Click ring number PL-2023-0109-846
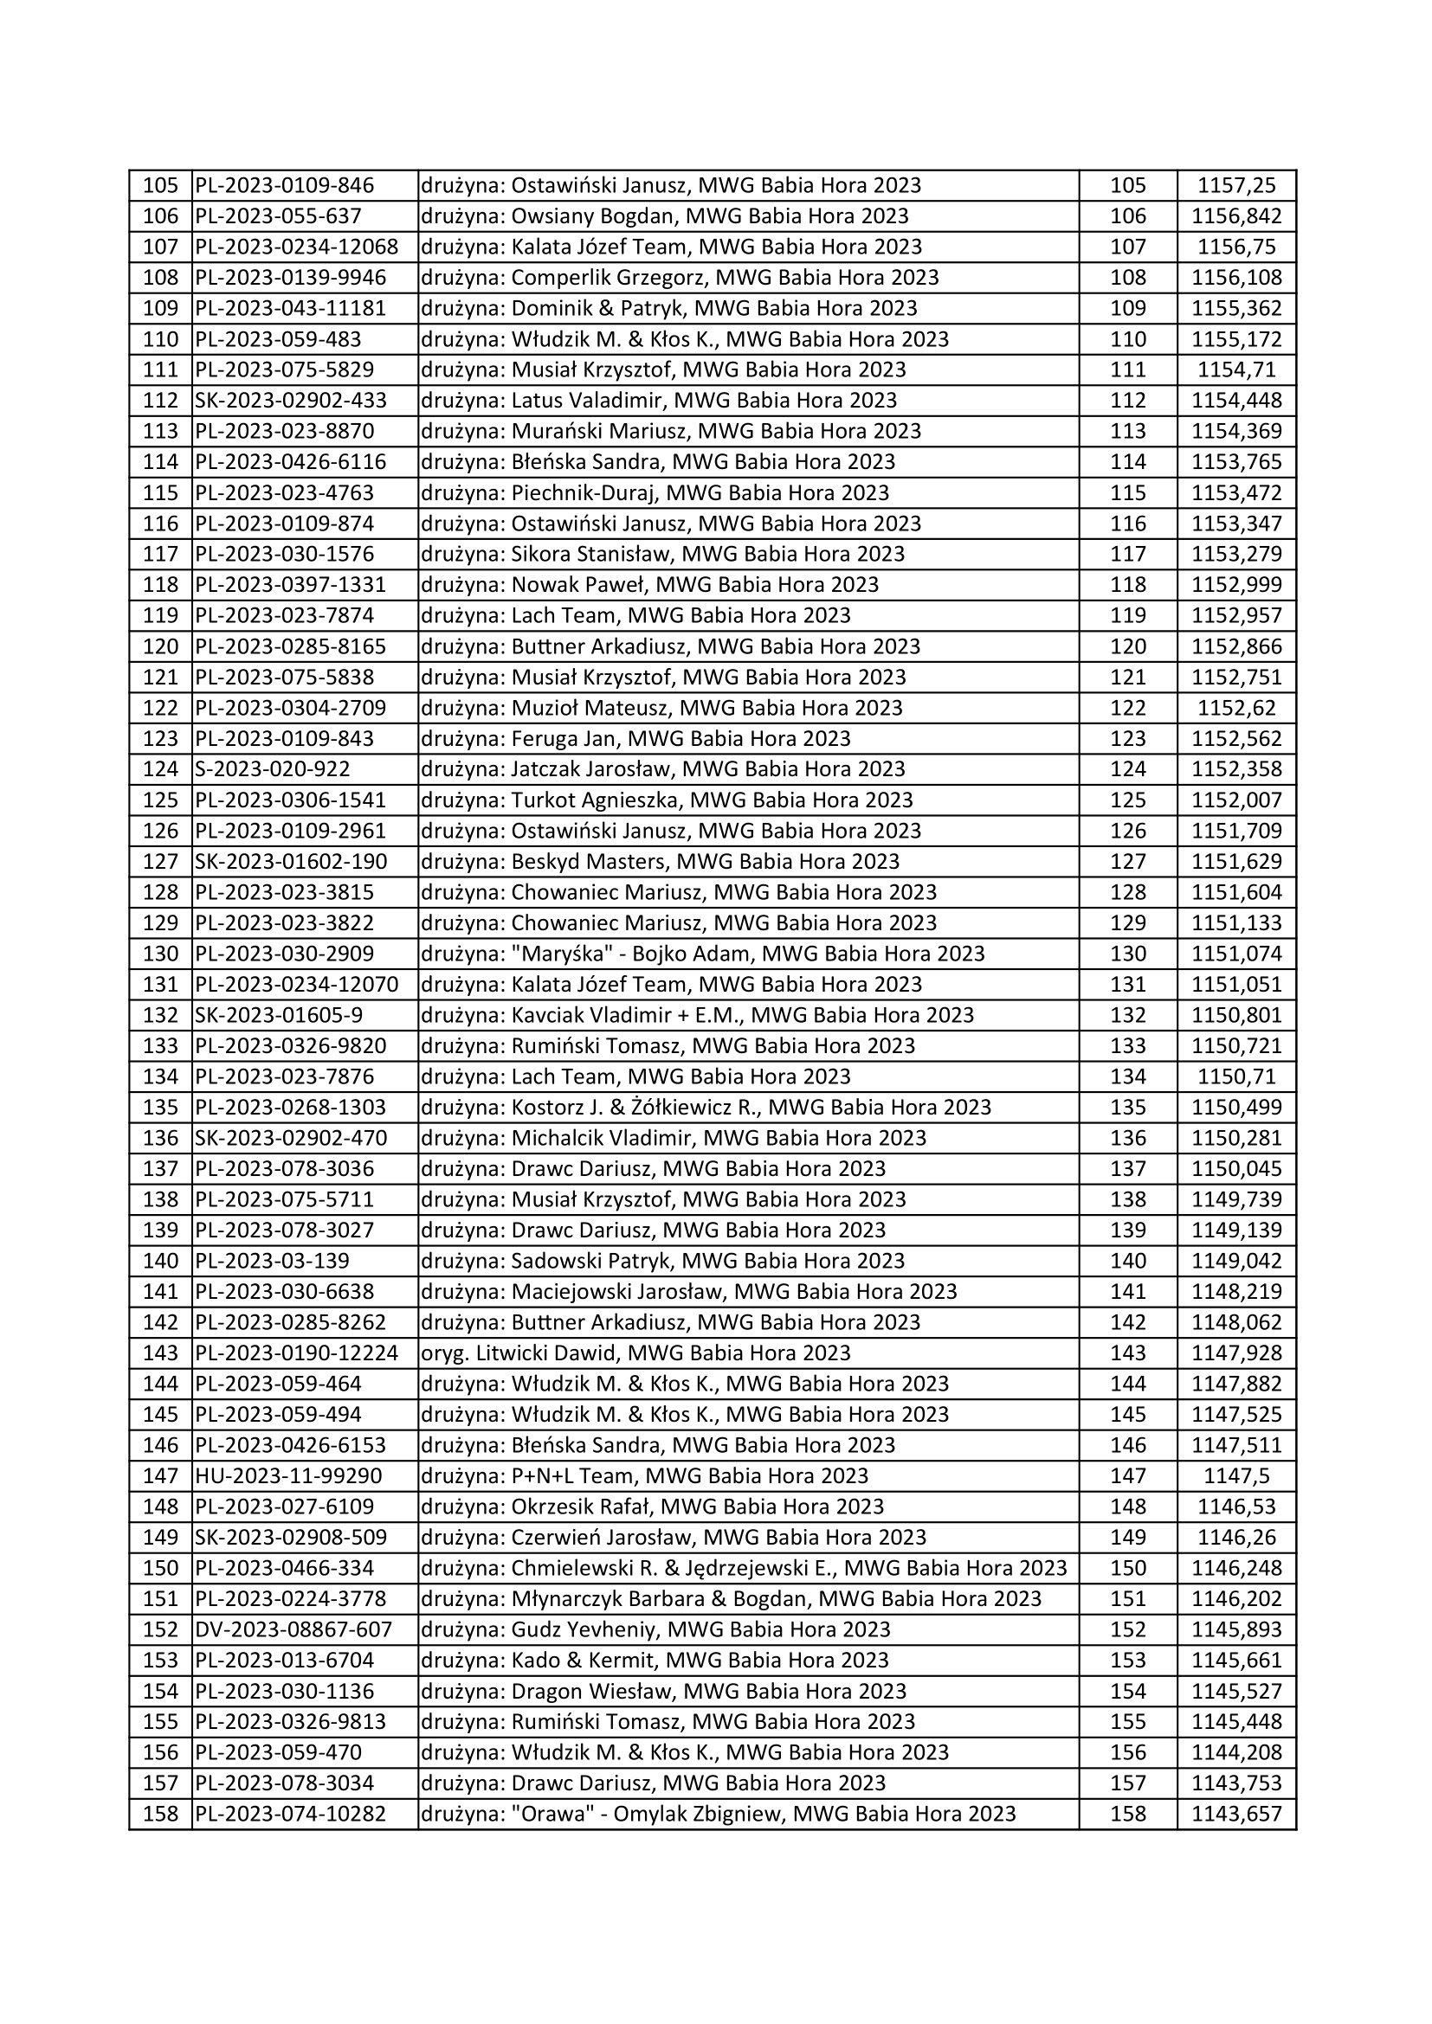285,186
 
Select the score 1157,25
1236,186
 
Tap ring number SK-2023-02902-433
291,402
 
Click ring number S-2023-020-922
273,769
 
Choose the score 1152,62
1236,708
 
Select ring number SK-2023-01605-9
279,1016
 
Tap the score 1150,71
1236,1076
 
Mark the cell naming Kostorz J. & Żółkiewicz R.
706,1108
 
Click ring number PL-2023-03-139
273,1261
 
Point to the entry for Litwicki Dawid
635,1353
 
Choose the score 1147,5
1236,1475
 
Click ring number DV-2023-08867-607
293,1630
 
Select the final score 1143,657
1236,1815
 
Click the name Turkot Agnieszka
594,800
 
